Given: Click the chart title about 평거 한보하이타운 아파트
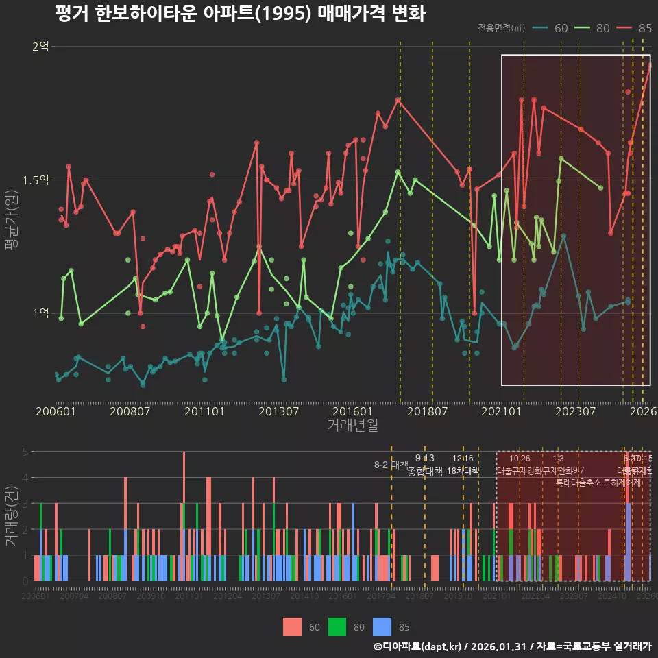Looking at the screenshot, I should [240, 14].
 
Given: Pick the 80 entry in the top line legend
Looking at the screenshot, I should [593, 28].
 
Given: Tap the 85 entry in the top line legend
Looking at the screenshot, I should [635, 28].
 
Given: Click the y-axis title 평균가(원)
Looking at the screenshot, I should [11, 226].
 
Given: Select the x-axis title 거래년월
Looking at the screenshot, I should [352, 426].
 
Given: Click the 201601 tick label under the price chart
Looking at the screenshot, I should [352, 412].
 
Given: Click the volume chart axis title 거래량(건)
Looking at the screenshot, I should [11, 516].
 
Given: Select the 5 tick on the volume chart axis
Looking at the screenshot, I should [25, 452].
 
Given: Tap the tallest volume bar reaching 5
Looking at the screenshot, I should [184, 515].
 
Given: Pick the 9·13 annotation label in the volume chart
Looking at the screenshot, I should [425, 459].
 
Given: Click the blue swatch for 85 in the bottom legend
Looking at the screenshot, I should [382, 626].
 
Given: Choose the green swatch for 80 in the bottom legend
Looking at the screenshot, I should [337, 626].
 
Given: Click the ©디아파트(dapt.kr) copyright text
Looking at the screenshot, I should [419, 646].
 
